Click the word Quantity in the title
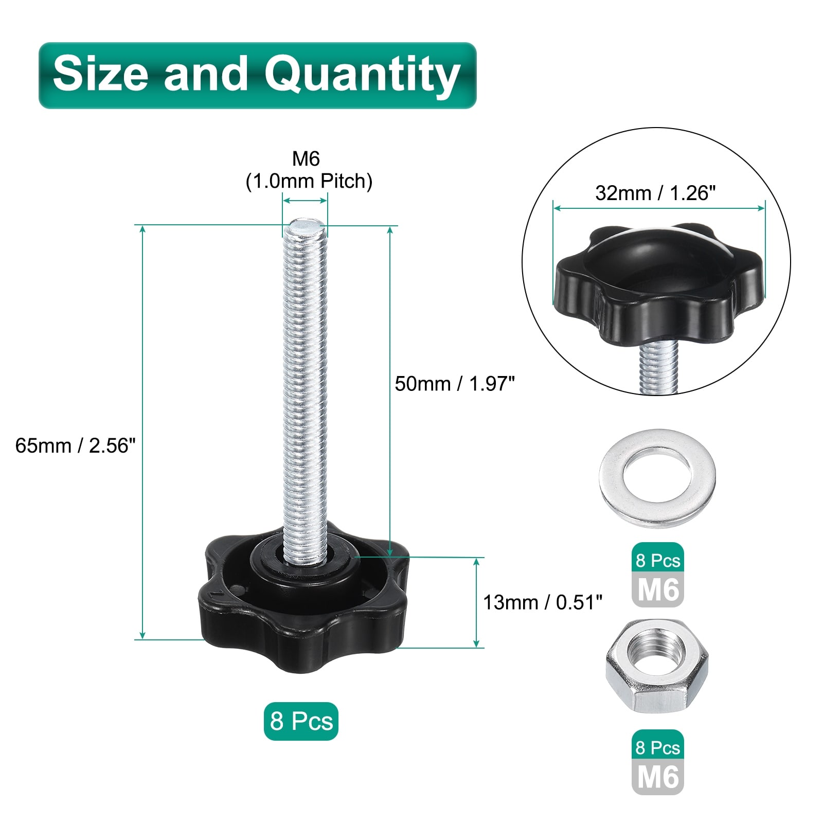[362, 76]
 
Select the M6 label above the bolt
[306, 159]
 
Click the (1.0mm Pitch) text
[309, 181]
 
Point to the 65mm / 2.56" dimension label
[76, 445]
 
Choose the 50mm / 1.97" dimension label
[455, 384]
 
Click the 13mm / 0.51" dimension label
[543, 602]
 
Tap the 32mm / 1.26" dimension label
[655, 193]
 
